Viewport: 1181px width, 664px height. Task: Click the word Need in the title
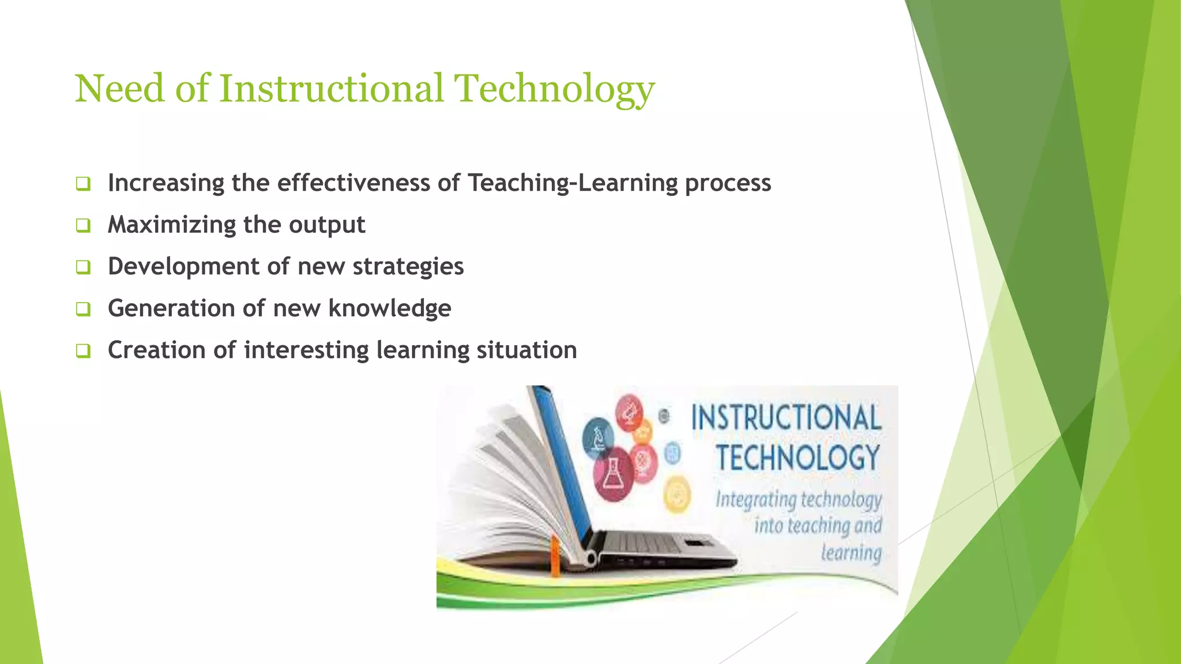coord(119,89)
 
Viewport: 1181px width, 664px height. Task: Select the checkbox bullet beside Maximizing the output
coord(83,225)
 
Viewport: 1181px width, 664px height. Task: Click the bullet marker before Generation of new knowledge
coord(83,309)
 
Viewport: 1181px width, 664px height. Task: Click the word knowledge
coord(389,308)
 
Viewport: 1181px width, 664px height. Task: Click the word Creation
coord(156,350)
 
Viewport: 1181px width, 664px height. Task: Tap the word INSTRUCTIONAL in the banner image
coord(786,418)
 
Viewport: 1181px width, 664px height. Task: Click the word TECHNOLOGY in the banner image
coord(798,458)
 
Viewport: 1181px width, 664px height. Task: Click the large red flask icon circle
coord(614,474)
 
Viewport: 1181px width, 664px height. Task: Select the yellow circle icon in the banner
coord(677,495)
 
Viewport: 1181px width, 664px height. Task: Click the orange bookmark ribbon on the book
coord(555,556)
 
